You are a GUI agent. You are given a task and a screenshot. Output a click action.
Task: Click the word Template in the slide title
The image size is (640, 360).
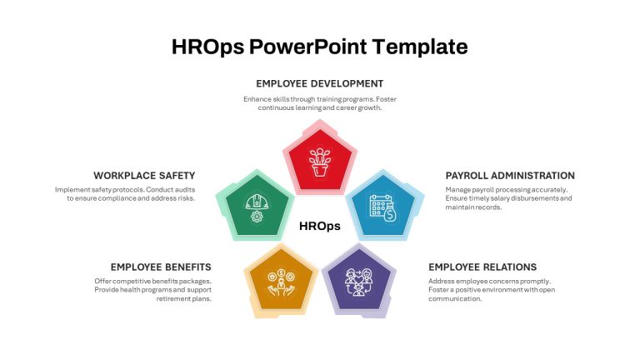tap(420, 47)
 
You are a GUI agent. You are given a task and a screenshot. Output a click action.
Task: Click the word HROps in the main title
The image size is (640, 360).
tap(207, 47)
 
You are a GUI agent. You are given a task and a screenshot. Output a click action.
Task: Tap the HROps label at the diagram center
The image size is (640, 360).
tap(320, 226)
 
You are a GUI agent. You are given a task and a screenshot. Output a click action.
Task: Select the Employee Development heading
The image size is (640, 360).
tap(320, 83)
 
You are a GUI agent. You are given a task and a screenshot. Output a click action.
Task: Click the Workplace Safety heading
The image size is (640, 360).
tap(144, 176)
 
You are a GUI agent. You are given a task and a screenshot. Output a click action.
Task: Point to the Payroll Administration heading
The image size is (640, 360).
tap(510, 176)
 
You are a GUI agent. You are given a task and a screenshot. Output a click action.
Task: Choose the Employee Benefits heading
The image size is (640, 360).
tap(161, 267)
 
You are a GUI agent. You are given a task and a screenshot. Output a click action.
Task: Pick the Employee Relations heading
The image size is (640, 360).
tap(482, 267)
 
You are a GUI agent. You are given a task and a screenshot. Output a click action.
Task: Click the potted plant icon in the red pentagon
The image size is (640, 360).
tap(320, 162)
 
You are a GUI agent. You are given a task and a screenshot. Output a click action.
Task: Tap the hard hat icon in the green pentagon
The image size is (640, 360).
tap(257, 202)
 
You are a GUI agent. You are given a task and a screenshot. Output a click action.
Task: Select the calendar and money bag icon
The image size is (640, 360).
tap(382, 208)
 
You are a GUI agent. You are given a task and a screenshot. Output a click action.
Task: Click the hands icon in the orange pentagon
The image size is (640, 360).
tap(281, 282)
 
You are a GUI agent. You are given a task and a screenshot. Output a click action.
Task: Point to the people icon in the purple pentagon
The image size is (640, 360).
tap(358, 282)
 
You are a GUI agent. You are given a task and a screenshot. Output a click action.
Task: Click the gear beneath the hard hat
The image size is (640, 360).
tap(257, 217)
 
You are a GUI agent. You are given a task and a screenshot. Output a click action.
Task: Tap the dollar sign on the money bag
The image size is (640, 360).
tap(390, 215)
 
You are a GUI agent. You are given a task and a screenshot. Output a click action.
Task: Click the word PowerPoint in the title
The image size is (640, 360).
tap(308, 47)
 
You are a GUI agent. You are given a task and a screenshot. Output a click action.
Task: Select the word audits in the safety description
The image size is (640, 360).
tap(185, 190)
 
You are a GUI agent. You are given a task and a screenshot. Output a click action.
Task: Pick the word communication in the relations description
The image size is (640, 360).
tap(455, 299)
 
